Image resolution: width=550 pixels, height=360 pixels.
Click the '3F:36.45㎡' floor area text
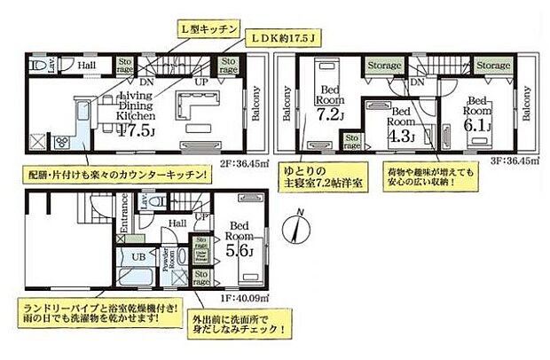click(511, 164)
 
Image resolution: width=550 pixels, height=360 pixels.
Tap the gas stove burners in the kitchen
click(39, 140)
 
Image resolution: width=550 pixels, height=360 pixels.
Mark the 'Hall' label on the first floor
click(177, 224)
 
